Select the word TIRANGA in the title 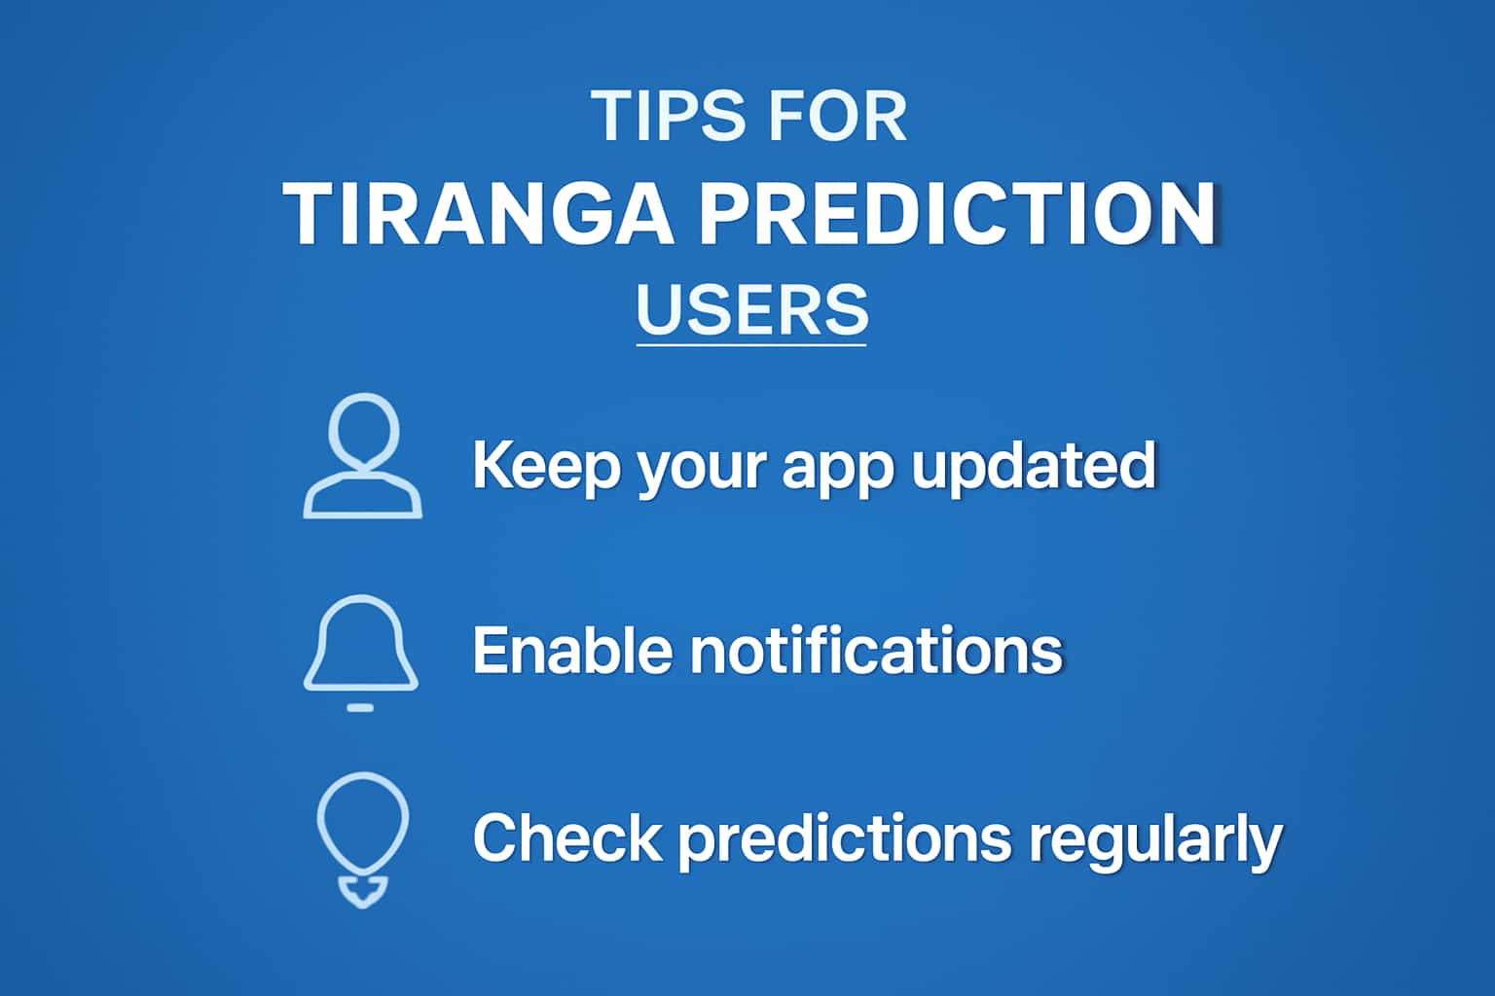click(478, 214)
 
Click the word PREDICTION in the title click(957, 214)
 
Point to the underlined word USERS click(751, 309)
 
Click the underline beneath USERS click(751, 343)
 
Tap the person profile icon click(362, 456)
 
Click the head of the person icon click(363, 431)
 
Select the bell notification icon click(361, 644)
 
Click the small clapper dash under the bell click(360, 707)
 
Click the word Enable click(572, 650)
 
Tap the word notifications click(876, 650)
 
